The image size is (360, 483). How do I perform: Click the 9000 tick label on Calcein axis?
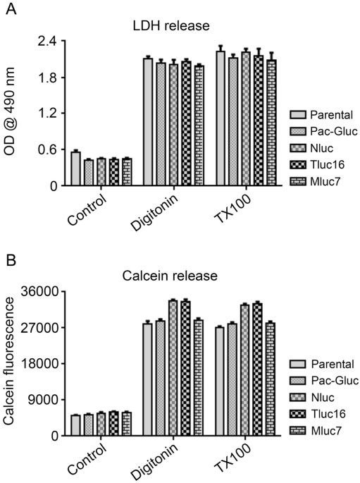(x=44, y=400)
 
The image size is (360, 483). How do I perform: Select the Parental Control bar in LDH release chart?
(x=75, y=169)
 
